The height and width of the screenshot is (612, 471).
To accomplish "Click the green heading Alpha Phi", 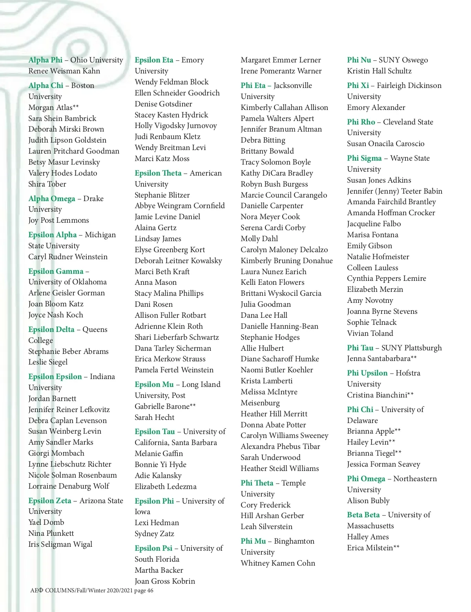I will (45, 60).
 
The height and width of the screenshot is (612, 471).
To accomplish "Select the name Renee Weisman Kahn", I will (64, 71).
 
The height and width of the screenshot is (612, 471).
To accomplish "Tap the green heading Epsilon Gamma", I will (56, 271).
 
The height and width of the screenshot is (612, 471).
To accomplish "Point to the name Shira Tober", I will (47, 184).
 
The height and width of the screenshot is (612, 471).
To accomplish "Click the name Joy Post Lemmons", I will (58, 220).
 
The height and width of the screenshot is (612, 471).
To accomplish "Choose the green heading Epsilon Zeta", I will (50, 501).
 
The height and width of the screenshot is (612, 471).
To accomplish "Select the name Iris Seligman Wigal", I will (60, 544).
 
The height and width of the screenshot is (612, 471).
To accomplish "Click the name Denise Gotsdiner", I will (163, 104).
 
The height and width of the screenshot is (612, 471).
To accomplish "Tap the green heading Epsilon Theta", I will (158, 173).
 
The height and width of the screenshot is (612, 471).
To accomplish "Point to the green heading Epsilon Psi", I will (153, 548).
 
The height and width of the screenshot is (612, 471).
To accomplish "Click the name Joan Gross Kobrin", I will (164, 581).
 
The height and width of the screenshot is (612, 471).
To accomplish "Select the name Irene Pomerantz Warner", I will (281, 71).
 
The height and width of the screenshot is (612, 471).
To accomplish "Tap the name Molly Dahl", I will (259, 239).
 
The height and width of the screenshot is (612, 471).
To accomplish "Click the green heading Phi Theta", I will (257, 483).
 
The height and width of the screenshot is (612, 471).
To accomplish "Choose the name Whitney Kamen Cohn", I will (277, 563).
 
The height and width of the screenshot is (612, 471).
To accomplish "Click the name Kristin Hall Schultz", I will (379, 71).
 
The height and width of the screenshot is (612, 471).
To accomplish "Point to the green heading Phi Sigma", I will (364, 158).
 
